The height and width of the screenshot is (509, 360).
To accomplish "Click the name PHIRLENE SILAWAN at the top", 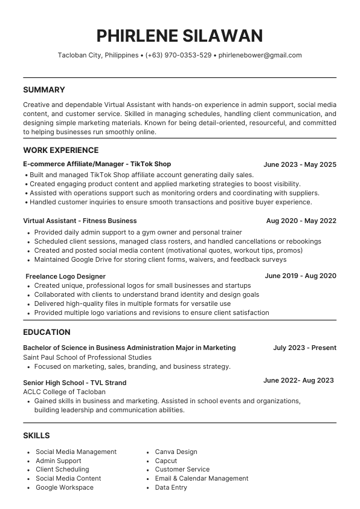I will pos(179,35).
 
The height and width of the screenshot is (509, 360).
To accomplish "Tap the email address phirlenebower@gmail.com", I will pos(260,55).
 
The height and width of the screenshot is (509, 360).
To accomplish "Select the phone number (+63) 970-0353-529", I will pos(178,55).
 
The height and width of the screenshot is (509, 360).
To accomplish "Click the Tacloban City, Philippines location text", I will pos(98,55).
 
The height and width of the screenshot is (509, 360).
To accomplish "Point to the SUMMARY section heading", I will pos(43,89).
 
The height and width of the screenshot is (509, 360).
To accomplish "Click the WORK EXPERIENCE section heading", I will pos(60,150).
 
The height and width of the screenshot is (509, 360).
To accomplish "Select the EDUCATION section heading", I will pos(47,332).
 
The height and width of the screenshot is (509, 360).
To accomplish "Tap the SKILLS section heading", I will pos(36,435).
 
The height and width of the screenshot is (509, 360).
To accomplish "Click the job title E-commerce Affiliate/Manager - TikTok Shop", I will pos(97,164).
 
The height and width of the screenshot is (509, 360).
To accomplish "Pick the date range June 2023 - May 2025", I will pos(300,164).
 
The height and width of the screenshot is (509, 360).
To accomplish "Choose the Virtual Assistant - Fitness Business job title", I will pos(80,221).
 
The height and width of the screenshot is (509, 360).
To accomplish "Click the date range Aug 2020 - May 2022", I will pos(301,221).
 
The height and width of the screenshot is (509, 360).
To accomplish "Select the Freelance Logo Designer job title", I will pos(65,276).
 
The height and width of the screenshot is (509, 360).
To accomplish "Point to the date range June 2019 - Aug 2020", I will pos(300,276).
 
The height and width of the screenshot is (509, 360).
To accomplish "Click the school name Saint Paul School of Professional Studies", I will pos(87,357).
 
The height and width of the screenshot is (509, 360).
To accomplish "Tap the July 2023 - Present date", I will pos(304,348).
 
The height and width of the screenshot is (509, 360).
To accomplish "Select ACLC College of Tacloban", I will pos(64,392).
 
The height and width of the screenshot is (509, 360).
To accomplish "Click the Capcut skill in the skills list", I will pos(166,461).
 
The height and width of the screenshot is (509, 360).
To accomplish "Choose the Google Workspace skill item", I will pos(65,487).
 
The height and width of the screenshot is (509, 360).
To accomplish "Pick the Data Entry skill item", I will pos(171,487).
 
